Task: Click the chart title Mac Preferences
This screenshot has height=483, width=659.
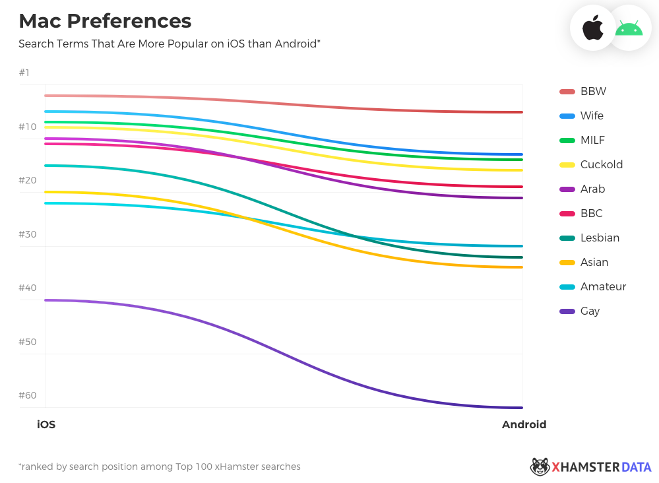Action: tap(105, 21)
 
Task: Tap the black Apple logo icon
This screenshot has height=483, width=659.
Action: tap(592, 28)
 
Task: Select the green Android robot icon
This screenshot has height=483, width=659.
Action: tap(629, 28)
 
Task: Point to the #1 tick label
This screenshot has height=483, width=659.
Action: tap(24, 73)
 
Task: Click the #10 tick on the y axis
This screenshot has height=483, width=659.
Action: tap(28, 127)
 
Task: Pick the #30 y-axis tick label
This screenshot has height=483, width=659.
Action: tap(28, 234)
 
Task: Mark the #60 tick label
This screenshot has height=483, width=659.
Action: tap(28, 395)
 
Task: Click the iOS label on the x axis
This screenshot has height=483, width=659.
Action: tap(46, 425)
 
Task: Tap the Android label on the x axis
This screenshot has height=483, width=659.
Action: tap(524, 425)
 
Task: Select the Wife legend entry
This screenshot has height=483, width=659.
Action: tap(592, 115)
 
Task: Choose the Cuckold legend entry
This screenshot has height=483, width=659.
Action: tap(601, 164)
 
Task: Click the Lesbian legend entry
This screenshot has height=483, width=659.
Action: tap(600, 238)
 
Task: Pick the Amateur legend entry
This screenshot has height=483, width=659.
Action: tap(603, 286)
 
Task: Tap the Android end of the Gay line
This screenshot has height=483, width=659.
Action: tap(521, 408)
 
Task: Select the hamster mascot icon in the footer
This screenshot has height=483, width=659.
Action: tap(540, 467)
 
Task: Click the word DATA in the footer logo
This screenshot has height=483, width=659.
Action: tap(636, 467)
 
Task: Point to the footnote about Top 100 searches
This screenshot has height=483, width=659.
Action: tap(160, 467)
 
